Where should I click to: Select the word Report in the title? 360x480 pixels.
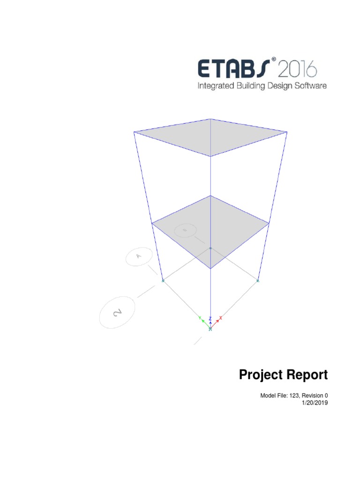pos(307,375)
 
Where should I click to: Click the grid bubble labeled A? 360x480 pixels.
pos(139,256)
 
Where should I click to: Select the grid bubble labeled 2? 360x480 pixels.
pos(117,313)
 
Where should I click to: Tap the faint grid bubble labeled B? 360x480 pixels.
pos(185,230)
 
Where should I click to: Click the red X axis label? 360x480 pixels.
pos(221,318)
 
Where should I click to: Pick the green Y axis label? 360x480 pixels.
pos(200,318)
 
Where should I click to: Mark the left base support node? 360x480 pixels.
pos(163,280)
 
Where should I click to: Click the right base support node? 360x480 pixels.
pos(258,280)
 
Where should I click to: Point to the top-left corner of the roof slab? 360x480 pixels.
pos(134,132)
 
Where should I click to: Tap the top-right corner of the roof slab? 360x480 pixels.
pos(287,132)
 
